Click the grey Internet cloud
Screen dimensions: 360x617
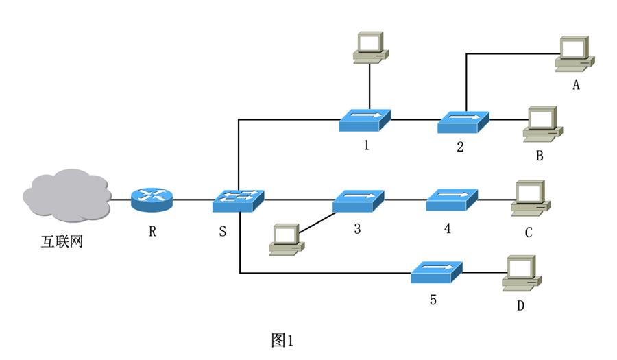click(66, 197)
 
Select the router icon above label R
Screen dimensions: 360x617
click(152, 199)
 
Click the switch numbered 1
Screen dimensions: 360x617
click(365, 120)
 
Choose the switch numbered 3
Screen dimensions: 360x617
click(359, 201)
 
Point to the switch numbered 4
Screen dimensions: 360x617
click(452, 200)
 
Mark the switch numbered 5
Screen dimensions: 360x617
click(436, 272)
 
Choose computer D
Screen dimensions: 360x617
click(522, 272)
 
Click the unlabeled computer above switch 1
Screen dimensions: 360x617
click(370, 47)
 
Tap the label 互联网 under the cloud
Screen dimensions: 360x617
click(60, 241)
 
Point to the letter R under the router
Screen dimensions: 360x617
click(152, 232)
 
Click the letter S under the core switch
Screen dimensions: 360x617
click(222, 232)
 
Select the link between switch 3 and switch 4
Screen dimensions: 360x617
click(405, 201)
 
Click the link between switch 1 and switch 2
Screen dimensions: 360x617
click(414, 120)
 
